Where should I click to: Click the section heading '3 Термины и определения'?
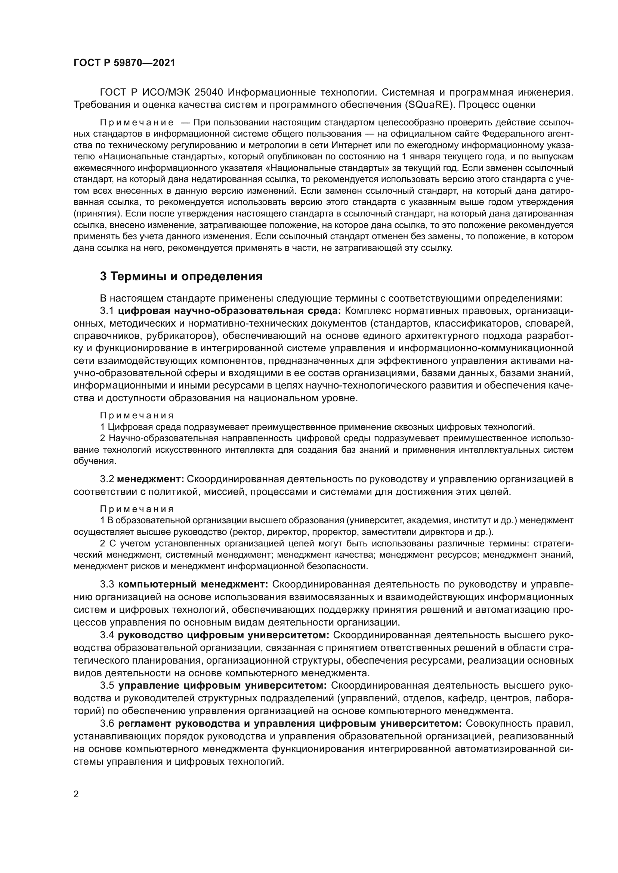tap(181, 277)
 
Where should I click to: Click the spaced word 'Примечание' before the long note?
tap(137, 122)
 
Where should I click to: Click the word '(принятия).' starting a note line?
tap(98, 214)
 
